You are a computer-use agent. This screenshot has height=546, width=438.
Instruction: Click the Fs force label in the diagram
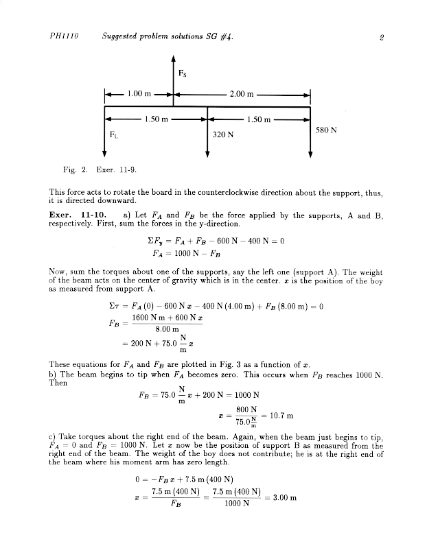(x=182, y=73)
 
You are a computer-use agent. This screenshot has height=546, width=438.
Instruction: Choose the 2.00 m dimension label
(x=241, y=94)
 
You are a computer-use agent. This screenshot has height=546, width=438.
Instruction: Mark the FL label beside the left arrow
(x=114, y=134)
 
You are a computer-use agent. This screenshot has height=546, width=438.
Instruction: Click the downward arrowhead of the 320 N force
(x=207, y=155)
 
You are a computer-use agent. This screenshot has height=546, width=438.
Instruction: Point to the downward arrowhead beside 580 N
(x=310, y=155)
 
